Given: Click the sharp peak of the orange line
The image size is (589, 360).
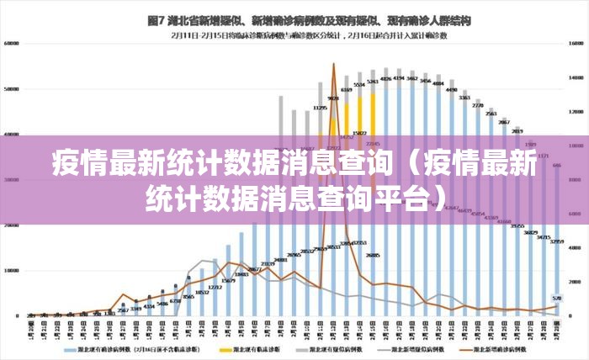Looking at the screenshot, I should click(333, 64).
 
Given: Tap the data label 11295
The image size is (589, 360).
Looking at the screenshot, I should click(321, 108).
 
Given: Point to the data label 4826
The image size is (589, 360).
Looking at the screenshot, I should click(386, 78).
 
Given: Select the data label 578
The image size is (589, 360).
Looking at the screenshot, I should click(557, 298).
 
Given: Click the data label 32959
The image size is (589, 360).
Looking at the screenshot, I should click(556, 241).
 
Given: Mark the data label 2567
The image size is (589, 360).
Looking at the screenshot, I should click(123, 310).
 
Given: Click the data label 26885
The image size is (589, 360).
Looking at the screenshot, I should click(373, 255).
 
